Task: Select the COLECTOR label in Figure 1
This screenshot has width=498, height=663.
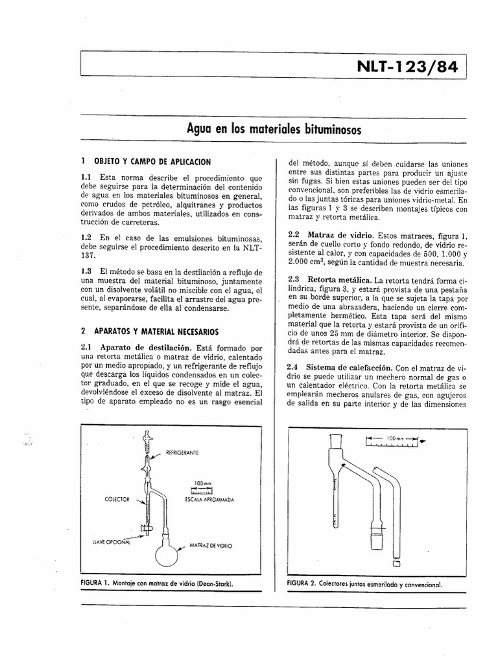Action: (117, 500)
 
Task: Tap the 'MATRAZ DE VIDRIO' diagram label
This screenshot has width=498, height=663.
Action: (210, 546)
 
